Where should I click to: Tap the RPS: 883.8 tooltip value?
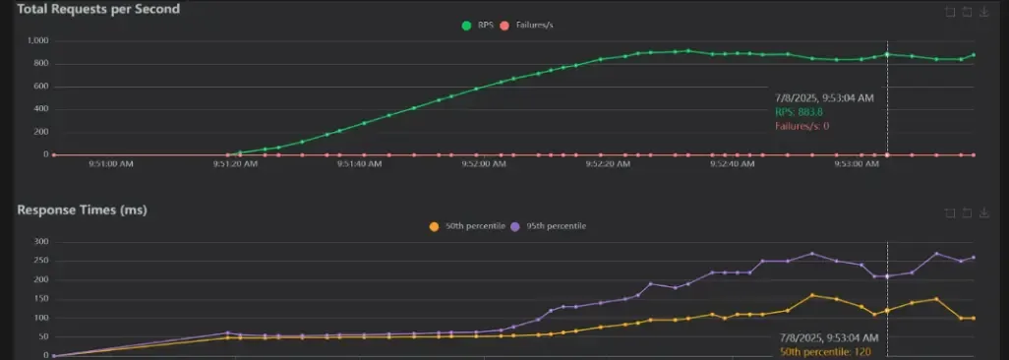(799, 112)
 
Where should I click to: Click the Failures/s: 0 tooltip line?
(802, 126)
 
